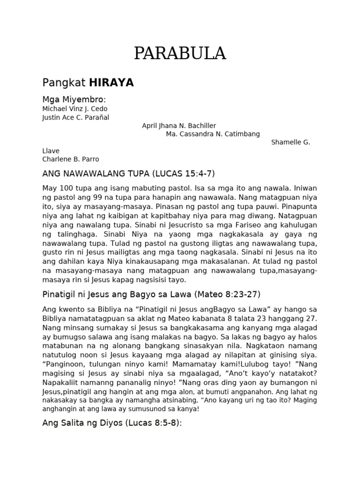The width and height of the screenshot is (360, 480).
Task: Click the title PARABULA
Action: [x=180, y=54]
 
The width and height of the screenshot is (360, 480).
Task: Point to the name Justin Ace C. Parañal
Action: [x=75, y=117]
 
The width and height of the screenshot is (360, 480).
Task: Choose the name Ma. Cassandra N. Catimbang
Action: [x=213, y=134]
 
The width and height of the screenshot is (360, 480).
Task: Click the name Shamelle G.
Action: [x=291, y=142]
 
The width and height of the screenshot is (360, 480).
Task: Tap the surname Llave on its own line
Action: [x=51, y=151]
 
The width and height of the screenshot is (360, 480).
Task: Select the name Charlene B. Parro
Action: [x=71, y=159]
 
